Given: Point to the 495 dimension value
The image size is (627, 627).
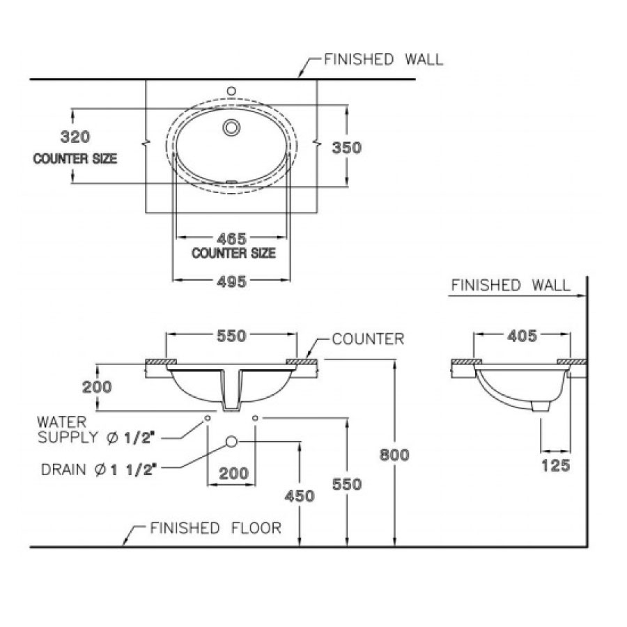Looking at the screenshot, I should (x=231, y=281).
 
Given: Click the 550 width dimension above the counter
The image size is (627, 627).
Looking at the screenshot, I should (x=231, y=336).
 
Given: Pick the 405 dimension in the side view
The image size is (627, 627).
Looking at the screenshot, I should (x=521, y=336).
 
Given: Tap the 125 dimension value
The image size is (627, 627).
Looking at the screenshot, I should (x=555, y=465).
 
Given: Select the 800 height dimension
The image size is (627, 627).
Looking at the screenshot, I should (x=394, y=455).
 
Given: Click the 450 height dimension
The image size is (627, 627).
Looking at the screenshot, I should (x=300, y=496).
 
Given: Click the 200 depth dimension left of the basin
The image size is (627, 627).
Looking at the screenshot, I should (x=98, y=387).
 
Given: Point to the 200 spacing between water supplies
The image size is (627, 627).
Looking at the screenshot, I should (x=233, y=474).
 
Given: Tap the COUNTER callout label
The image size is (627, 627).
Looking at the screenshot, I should (x=367, y=339).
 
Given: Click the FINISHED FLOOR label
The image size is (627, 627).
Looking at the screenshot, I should (x=216, y=528).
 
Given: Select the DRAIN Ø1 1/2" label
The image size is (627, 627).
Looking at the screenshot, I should (x=97, y=470).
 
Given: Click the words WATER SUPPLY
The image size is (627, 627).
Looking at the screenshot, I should (x=63, y=429).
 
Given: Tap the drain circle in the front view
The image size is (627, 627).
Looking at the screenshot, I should (x=232, y=442).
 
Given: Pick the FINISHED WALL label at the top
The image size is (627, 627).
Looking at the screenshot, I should (x=382, y=59).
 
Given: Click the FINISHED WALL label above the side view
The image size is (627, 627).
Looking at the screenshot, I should (x=511, y=285).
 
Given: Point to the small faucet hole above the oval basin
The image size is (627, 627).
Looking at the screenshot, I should (x=232, y=91).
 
